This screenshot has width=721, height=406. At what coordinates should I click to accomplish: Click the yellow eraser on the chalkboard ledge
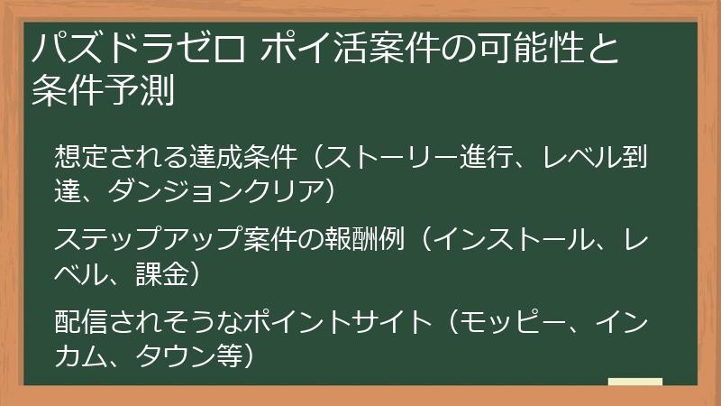click(x=634, y=383)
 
